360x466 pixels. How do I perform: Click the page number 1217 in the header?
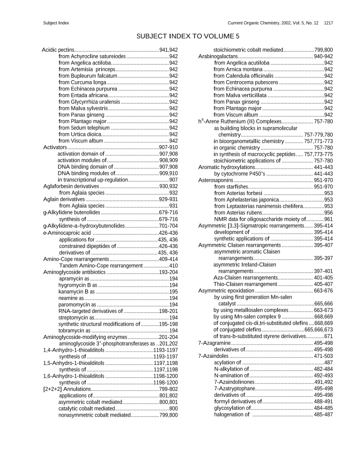coord(328,23)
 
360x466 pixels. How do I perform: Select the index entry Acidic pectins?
coord(57,50)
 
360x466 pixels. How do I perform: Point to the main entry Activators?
coord(55,147)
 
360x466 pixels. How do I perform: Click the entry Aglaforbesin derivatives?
coord(71,186)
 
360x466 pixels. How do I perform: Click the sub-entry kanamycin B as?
coord(77,292)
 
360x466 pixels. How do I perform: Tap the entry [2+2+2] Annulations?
coord(67,389)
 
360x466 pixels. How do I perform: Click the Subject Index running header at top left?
coord(56,23)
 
